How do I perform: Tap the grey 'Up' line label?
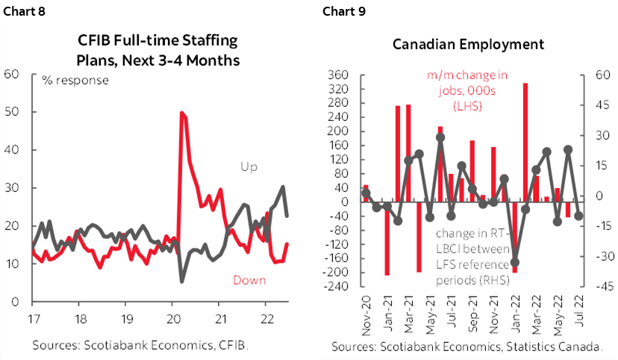tap(248, 167)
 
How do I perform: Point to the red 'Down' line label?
tap(249, 280)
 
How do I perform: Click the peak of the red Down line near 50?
tap(182, 113)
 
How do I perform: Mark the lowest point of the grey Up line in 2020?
tap(183, 281)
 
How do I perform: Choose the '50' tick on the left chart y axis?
tap(12, 112)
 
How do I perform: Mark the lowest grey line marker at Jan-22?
tap(515, 262)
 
